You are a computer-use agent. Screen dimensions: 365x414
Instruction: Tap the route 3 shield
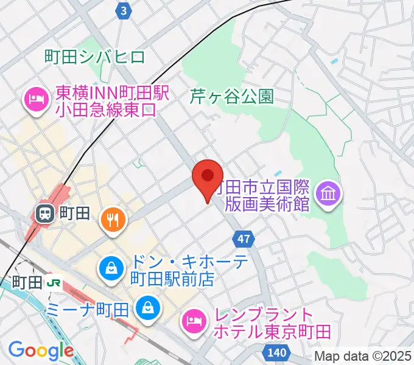[124, 10]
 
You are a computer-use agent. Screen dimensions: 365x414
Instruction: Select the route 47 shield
[244, 240]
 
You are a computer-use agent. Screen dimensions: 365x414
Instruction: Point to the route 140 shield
[277, 351]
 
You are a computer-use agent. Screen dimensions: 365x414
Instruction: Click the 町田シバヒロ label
[95, 57]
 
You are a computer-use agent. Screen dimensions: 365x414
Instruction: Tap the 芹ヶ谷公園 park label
[232, 96]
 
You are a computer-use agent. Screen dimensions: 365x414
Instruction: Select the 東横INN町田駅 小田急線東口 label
[107, 101]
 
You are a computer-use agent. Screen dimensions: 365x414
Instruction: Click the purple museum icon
[329, 195]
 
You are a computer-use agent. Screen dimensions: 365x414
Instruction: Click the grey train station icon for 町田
[44, 213]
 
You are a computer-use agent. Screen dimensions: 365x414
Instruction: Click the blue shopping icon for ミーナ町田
[147, 308]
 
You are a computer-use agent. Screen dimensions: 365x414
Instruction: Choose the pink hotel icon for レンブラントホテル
[194, 322]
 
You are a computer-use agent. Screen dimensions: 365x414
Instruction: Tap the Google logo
[41, 351]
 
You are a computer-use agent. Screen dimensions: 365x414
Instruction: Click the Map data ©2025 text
[363, 356]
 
